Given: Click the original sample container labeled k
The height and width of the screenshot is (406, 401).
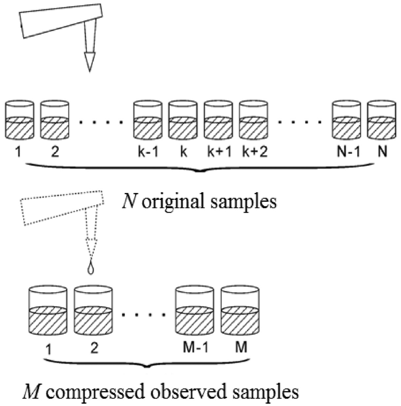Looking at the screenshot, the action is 183,120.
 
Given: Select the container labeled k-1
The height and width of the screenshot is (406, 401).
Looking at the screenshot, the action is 148,120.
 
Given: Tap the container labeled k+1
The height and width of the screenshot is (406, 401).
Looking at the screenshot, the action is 218,120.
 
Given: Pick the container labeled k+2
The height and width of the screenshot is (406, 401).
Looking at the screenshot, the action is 253,120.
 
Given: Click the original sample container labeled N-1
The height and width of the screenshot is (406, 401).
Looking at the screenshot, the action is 347,120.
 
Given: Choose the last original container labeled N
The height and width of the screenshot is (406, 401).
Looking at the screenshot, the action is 382,120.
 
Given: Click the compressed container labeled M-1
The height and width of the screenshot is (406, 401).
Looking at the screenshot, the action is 195,310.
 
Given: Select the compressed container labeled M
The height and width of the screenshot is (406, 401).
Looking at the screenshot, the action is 240,310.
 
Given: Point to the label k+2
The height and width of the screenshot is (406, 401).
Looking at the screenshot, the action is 255,151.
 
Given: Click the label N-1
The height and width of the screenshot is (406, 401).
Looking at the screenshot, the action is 348,151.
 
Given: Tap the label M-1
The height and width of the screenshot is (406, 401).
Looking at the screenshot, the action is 196,347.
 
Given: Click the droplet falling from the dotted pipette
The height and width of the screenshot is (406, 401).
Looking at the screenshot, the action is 91,269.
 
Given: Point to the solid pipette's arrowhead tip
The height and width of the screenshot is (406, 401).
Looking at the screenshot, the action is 90,71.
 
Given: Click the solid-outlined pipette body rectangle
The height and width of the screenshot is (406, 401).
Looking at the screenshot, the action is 61,21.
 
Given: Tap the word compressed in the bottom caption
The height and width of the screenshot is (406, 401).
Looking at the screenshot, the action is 95,392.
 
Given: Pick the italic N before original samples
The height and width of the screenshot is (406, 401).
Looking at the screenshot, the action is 129,201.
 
